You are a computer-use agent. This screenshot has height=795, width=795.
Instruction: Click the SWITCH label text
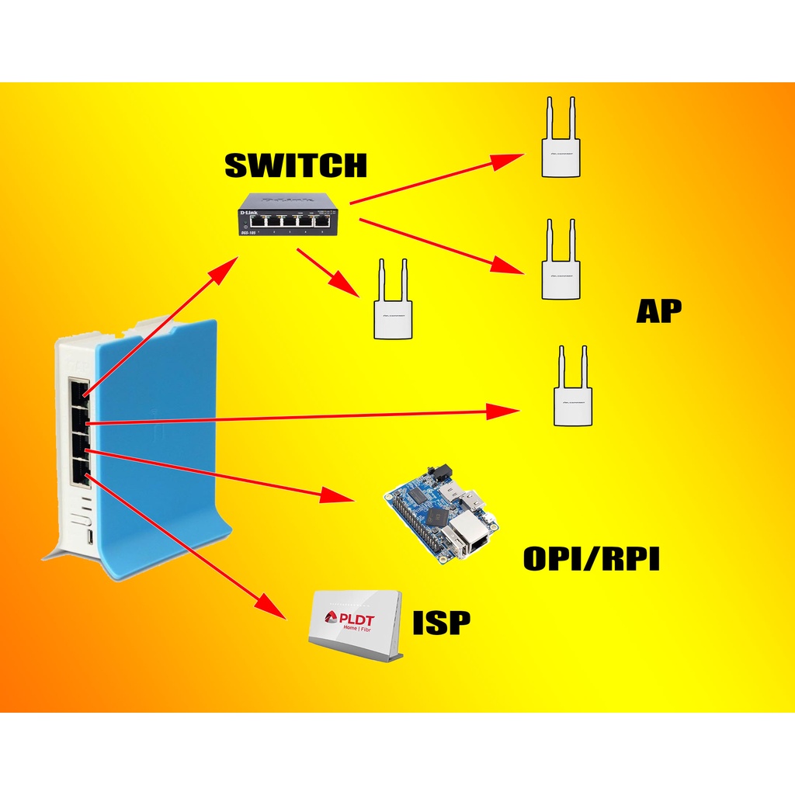[295, 165]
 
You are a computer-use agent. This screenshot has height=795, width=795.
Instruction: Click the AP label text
[658, 311]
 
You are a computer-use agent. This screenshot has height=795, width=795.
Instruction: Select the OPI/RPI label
[592, 559]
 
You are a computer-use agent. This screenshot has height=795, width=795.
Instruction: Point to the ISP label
[442, 622]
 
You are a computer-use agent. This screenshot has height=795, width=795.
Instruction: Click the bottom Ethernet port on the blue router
[80, 472]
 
